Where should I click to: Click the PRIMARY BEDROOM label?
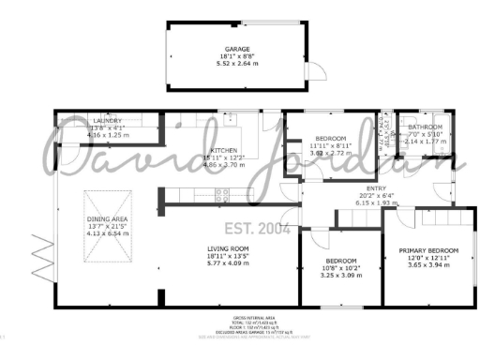[428, 251]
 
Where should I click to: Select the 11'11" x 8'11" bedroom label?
[330, 139]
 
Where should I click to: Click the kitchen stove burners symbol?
[223, 195]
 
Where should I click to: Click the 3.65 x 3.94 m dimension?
[428, 266]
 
